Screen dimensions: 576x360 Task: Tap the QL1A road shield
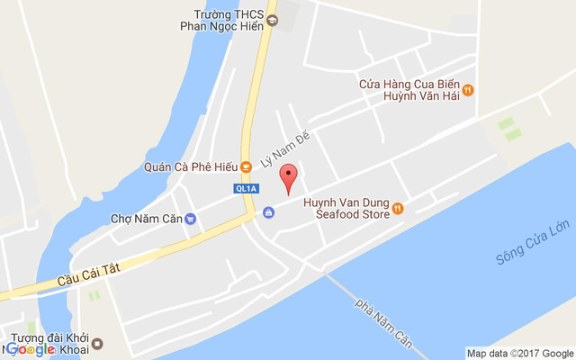246,189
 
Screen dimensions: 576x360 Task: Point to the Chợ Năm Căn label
146,218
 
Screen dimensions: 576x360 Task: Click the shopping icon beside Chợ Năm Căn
268,213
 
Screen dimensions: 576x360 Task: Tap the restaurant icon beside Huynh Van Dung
398,209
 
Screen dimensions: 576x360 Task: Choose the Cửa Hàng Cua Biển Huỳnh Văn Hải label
409,90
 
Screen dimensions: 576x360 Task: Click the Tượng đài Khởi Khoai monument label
49,344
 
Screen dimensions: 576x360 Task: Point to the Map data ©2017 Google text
519,353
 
